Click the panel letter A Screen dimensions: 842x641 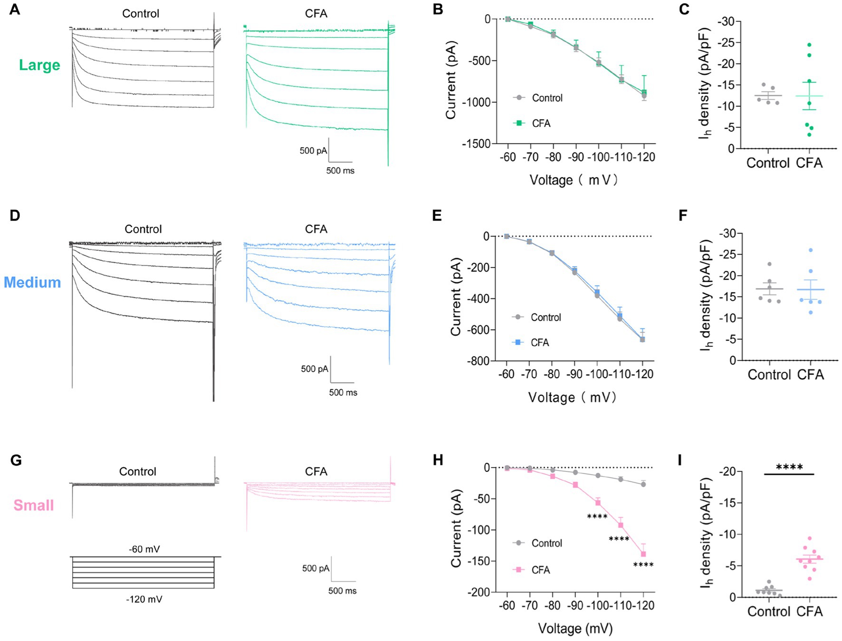click(x=15, y=10)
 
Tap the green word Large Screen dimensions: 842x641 click(x=39, y=65)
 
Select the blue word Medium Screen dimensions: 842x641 click(x=32, y=282)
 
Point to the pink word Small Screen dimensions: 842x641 click(x=33, y=505)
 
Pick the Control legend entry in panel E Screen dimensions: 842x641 click(x=537, y=317)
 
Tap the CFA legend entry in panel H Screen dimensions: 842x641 click(x=533, y=570)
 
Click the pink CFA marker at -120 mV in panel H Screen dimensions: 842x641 click(x=644, y=554)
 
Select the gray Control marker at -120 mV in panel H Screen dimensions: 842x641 click(x=644, y=484)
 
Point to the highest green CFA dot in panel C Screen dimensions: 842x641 click(x=809, y=45)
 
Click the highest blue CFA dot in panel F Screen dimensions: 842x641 click(x=811, y=250)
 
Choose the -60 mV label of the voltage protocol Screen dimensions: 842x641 click(x=144, y=549)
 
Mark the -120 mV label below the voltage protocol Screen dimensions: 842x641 click(x=144, y=600)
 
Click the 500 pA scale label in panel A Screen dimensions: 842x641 click(x=313, y=151)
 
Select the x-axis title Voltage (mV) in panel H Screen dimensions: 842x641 click(x=575, y=629)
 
